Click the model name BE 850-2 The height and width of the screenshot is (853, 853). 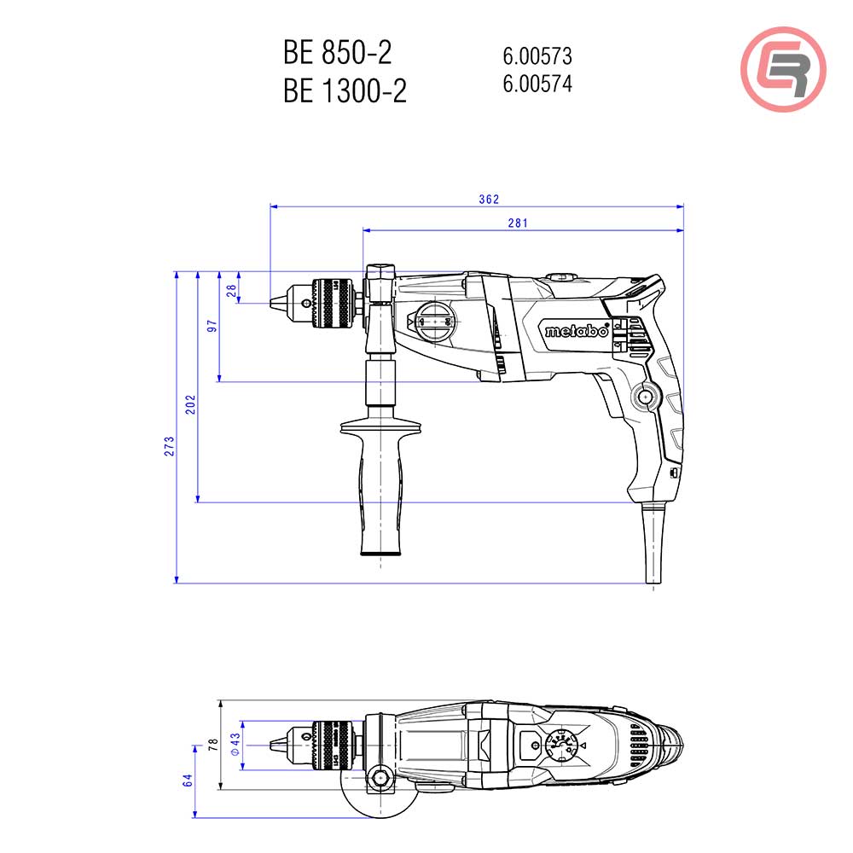337,53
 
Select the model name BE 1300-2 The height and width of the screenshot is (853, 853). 345,90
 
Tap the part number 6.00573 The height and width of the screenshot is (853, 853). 537,56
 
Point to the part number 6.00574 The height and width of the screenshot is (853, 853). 537,84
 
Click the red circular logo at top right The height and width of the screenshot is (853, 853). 783,67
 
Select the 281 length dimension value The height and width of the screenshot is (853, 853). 518,223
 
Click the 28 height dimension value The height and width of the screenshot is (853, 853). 230,290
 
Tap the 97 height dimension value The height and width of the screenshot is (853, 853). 212,326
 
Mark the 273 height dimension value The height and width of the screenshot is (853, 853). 170,444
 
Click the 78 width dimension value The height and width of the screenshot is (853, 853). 212,744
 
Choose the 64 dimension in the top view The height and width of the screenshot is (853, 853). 189,780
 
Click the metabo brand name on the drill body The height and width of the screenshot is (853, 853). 577,332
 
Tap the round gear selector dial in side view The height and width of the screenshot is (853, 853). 434,323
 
